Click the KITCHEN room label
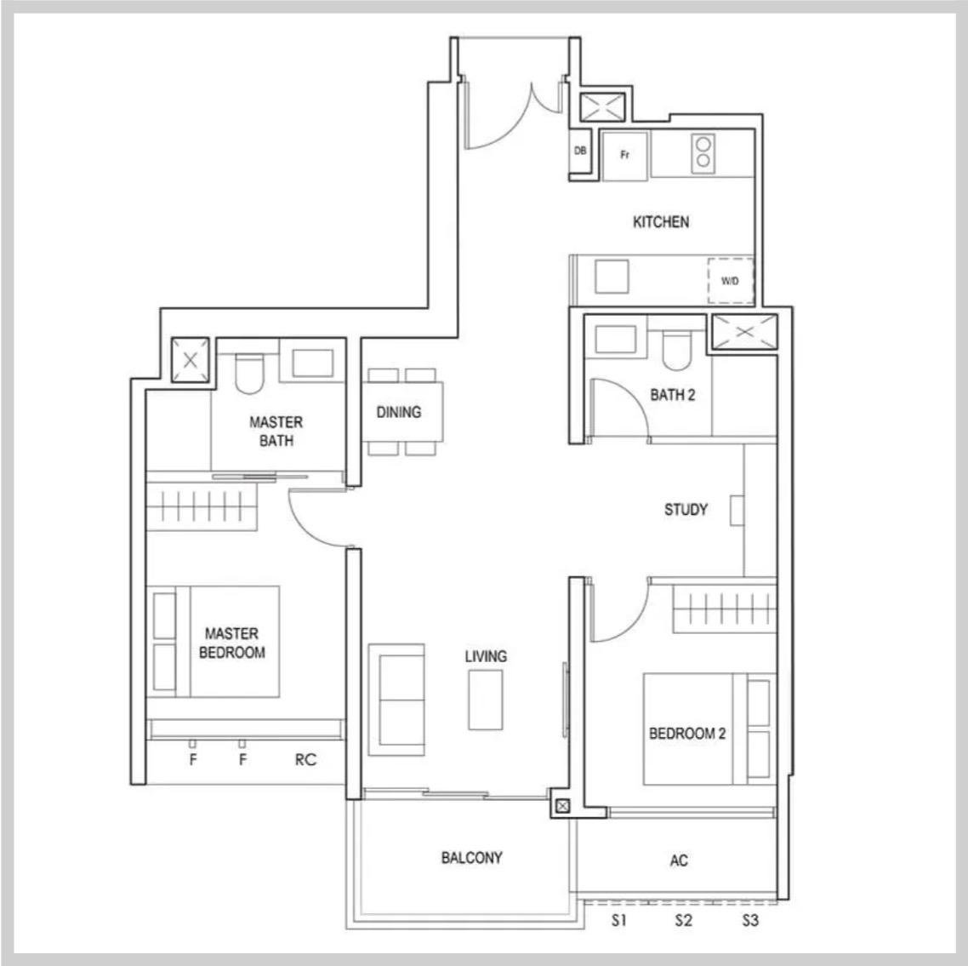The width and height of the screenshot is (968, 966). point(661,222)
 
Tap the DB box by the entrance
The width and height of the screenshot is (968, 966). point(579,151)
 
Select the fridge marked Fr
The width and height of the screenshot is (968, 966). point(624,156)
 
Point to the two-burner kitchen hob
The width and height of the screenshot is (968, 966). point(703,152)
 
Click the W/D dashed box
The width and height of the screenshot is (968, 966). point(731,281)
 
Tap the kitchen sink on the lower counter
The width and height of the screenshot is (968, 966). point(612,276)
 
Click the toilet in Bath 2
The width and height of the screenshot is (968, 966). point(676,350)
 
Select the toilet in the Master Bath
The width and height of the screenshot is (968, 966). point(249,373)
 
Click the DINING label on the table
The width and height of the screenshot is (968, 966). point(399,412)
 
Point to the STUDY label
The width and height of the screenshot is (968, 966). point(686,510)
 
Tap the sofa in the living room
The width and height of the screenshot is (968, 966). point(396,700)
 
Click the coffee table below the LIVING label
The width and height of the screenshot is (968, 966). point(485,700)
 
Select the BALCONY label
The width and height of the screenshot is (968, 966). point(471,858)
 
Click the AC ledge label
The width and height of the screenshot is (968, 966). point(679,860)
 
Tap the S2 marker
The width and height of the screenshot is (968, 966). point(683,920)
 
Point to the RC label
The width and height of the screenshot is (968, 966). point(305,760)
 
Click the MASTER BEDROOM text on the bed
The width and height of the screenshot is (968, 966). point(232,643)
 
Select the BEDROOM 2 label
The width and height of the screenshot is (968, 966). point(687,734)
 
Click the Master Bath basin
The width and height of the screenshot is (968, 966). point(312,363)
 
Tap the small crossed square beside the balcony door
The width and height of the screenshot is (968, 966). point(562,806)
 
